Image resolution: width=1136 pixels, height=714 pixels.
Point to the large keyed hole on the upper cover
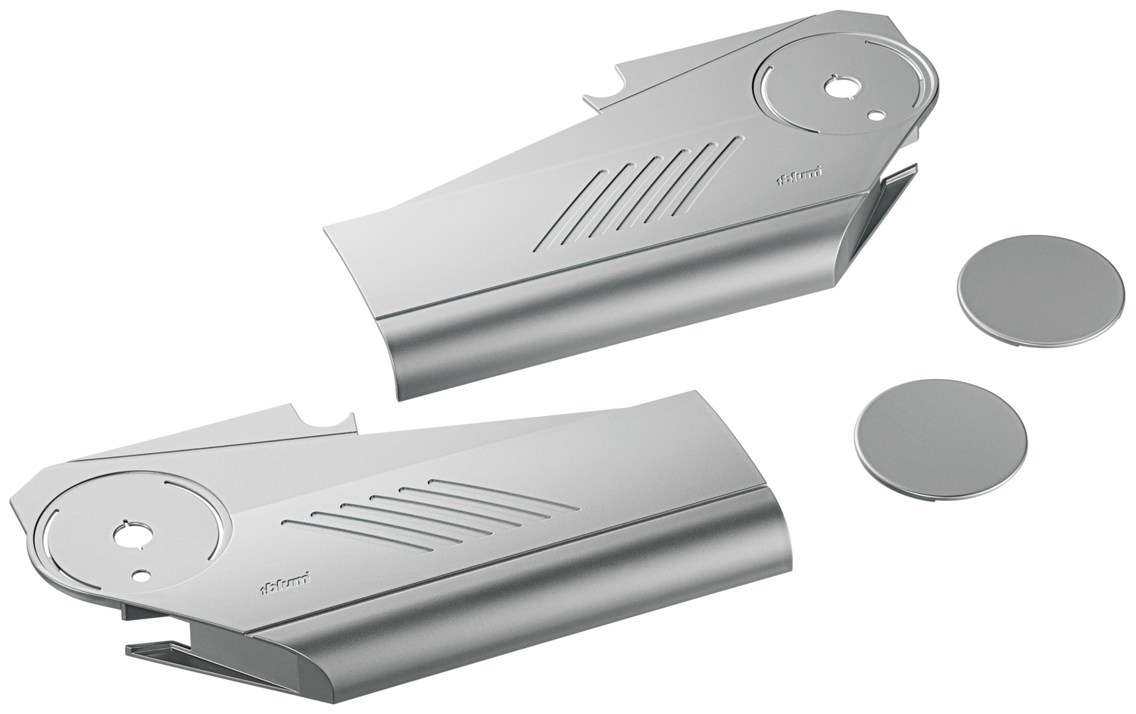(x=840, y=88)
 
